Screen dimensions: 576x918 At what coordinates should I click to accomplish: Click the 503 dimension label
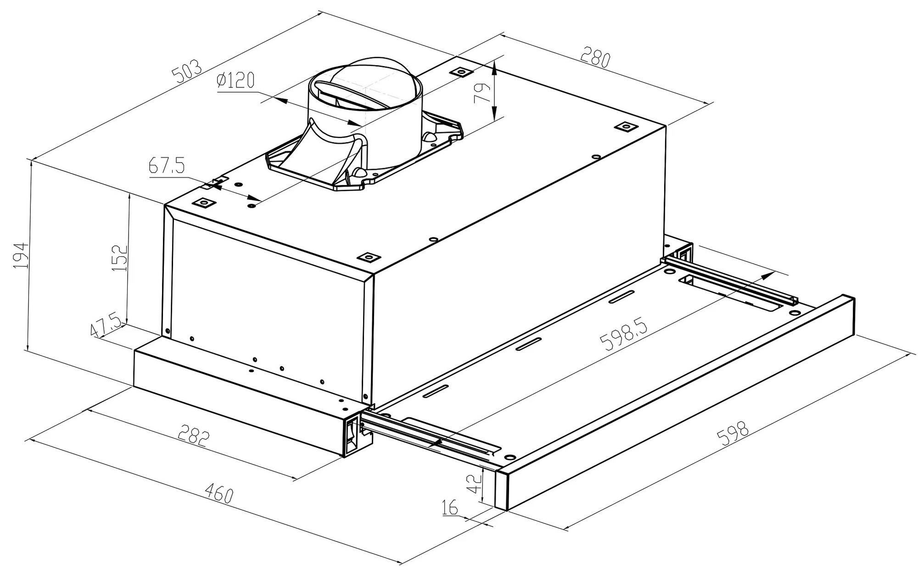(186, 70)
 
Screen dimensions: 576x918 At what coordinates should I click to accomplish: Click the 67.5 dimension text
(166, 166)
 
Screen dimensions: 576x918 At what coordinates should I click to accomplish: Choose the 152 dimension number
(119, 258)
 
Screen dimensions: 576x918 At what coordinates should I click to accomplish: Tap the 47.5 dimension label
(106, 325)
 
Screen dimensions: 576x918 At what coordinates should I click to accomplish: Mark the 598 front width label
(734, 434)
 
